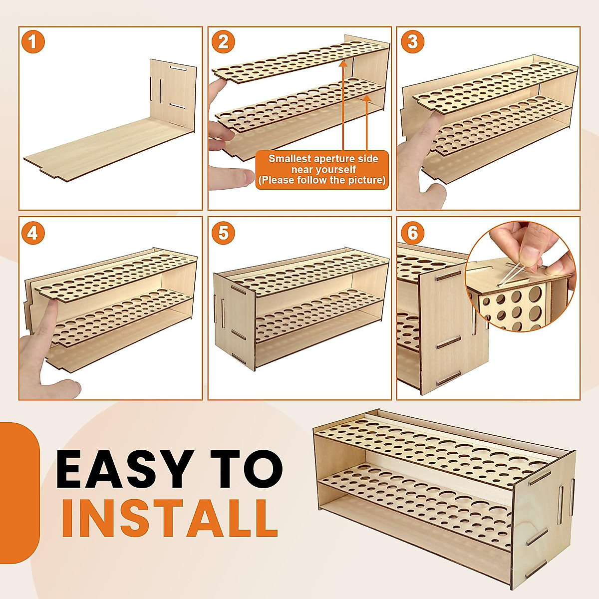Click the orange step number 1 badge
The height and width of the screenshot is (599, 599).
tap(33, 41)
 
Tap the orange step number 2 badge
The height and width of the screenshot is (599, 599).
tap(223, 41)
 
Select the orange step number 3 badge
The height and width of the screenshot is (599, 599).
tap(412, 41)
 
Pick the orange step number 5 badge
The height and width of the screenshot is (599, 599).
tap(223, 233)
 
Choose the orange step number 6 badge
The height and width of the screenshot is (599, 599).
tap(412, 233)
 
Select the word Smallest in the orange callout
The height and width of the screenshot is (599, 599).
tap(290, 159)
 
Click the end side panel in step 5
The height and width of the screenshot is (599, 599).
tap(235, 319)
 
